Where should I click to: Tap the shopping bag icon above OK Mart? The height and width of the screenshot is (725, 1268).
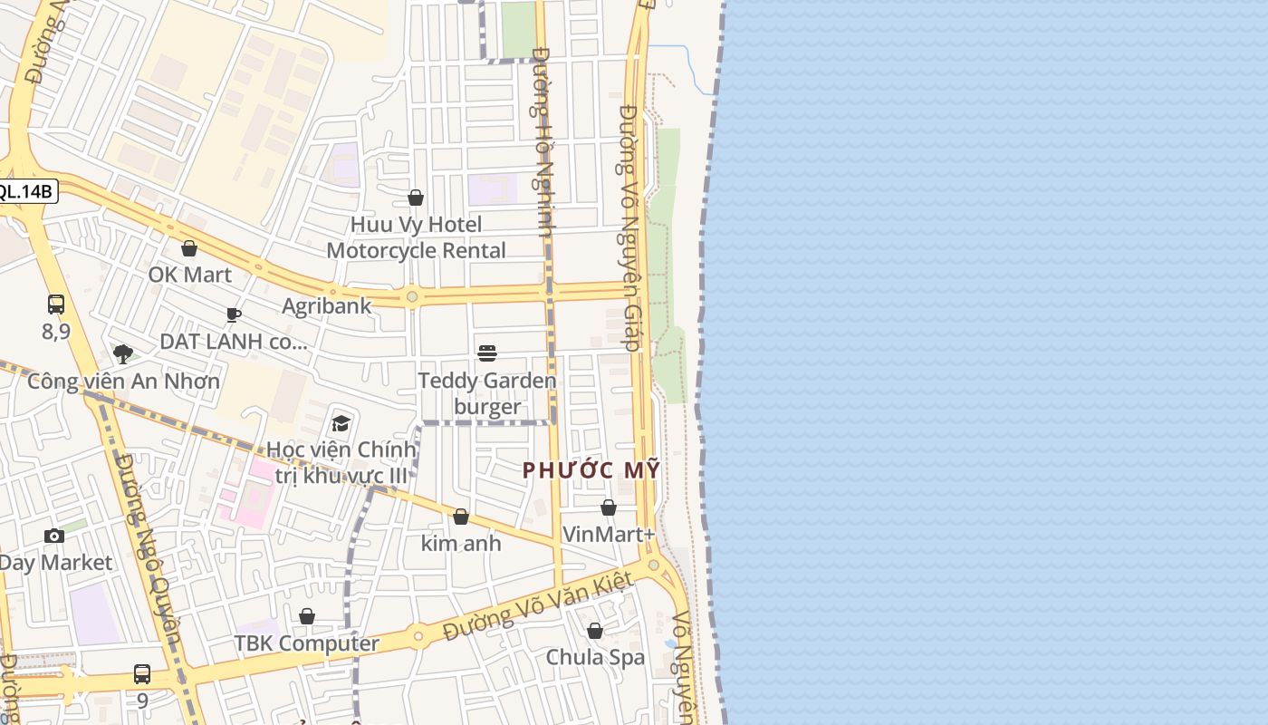[189, 248]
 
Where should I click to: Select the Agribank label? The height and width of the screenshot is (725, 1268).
[326, 305]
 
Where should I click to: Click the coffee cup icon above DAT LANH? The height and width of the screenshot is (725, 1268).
[234, 314]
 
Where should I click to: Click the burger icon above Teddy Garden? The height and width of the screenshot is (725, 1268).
[487, 353]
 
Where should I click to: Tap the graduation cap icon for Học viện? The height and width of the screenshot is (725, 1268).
[341, 423]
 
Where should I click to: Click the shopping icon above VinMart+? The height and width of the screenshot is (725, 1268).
[609, 507]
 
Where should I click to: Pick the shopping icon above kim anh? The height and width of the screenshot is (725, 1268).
[461, 517]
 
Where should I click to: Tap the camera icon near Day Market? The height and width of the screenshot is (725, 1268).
[54, 536]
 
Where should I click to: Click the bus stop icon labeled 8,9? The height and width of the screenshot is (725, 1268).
[56, 304]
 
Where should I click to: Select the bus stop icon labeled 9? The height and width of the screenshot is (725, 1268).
[142, 674]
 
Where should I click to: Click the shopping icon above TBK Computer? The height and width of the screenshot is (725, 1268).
[307, 617]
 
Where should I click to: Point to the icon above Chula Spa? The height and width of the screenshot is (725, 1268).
[595, 631]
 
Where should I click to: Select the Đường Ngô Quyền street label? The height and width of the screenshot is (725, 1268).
[150, 544]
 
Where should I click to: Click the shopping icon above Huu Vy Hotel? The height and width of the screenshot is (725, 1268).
[416, 198]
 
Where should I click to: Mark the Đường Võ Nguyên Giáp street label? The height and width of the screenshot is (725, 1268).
[630, 227]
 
